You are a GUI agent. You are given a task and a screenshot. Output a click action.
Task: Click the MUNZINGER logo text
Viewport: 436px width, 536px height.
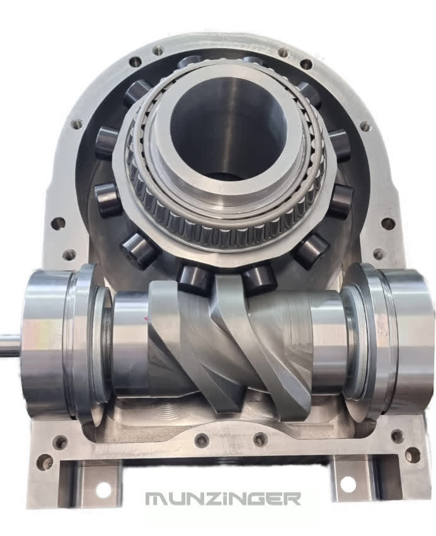tap(223, 498)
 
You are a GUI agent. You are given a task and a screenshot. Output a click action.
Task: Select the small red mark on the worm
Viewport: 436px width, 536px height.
tap(146, 319)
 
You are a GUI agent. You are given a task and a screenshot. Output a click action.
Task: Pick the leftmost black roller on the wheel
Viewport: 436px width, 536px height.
tap(107, 197)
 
